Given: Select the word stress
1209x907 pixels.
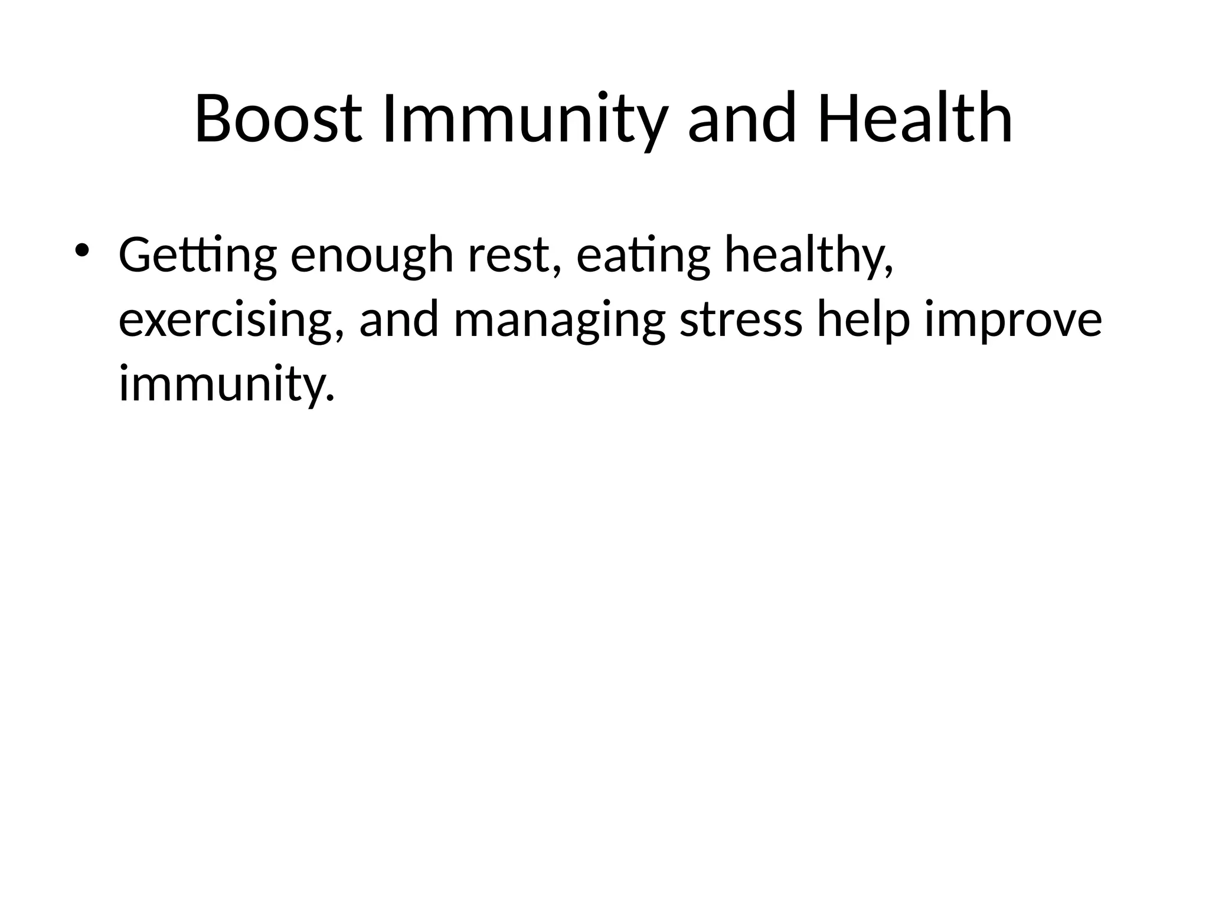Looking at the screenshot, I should tap(741, 320).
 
